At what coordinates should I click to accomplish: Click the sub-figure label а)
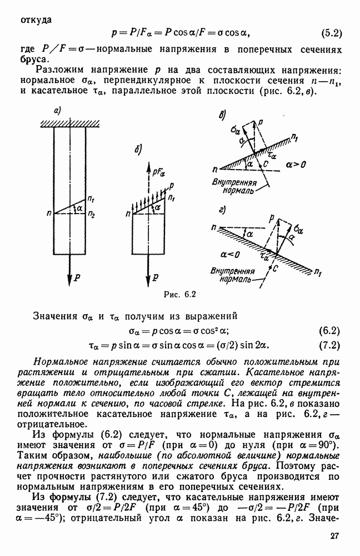[x=57, y=112]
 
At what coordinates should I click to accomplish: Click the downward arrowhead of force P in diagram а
[x=69, y=281]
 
